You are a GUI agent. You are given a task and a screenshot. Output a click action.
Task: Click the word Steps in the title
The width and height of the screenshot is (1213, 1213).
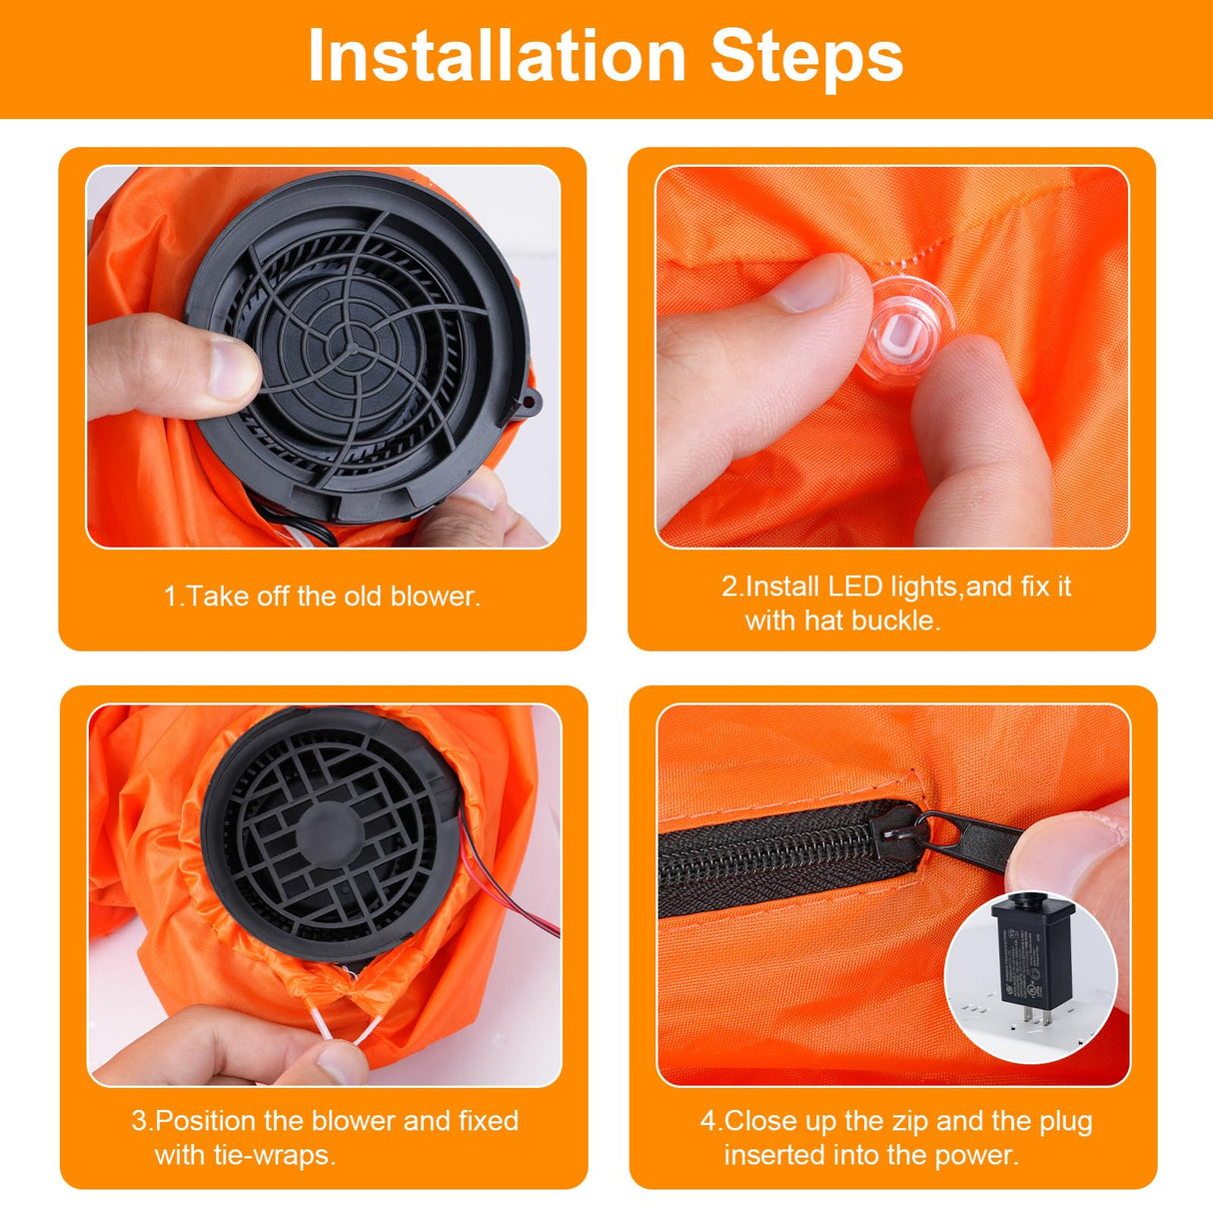pos(806,57)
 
